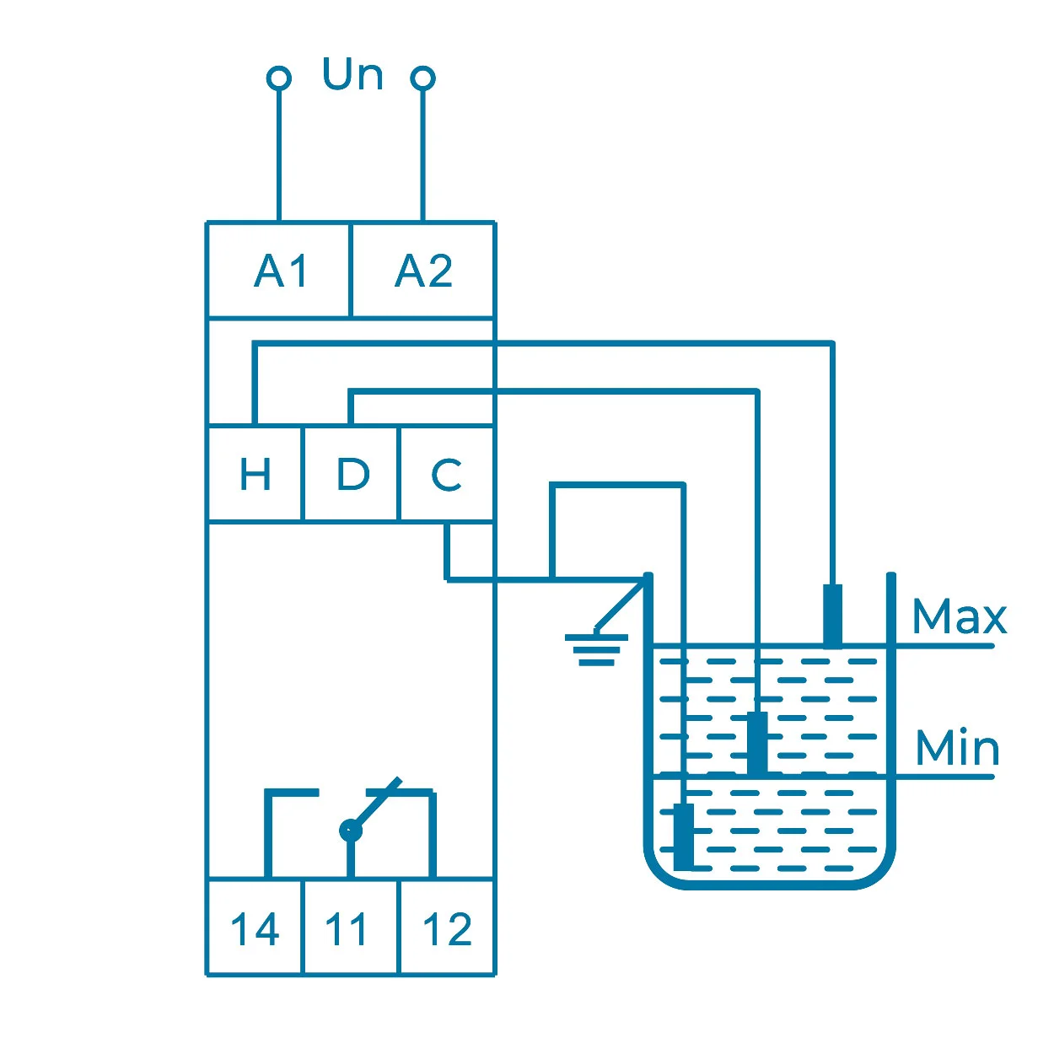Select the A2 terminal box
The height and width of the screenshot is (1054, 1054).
click(422, 271)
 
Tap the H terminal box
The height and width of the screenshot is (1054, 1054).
click(255, 474)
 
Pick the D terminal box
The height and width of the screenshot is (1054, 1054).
click(351, 474)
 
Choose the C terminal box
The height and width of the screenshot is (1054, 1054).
click(446, 474)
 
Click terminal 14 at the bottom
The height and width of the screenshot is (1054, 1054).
click(255, 929)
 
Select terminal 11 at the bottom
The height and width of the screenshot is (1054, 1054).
click(349, 929)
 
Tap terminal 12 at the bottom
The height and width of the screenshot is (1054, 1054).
click(447, 929)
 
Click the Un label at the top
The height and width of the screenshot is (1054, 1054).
click(352, 75)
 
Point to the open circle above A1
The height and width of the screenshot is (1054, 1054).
click(279, 78)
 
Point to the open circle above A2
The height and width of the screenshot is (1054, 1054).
click(422, 78)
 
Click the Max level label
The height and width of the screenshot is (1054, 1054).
click(960, 617)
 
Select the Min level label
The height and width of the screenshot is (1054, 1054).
click(957, 749)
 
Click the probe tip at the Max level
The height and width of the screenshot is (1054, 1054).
click(832, 614)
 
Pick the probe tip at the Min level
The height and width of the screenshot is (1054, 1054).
click(758, 742)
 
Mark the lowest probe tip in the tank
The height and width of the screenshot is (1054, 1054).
click(684, 836)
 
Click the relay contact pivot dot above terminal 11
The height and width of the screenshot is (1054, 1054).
click(350, 831)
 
